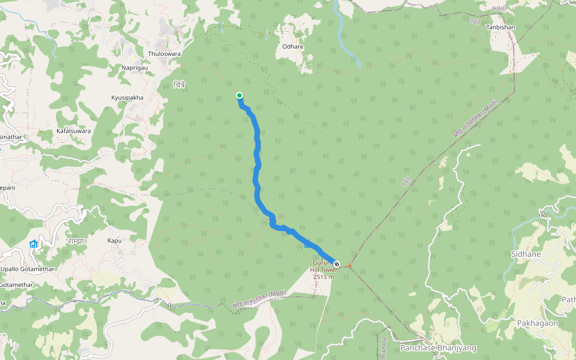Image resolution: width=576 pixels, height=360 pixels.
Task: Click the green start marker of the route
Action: click(x=239, y=95)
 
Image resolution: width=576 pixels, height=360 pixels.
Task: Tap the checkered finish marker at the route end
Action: click(x=337, y=264)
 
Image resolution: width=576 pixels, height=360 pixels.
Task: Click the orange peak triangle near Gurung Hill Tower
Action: click(x=350, y=265)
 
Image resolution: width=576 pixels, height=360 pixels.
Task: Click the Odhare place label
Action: click(x=293, y=46)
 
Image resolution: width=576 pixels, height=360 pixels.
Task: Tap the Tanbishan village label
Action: click(x=500, y=28)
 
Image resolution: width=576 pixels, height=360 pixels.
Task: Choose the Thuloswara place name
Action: click(x=164, y=54)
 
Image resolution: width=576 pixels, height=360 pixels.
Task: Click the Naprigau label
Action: click(x=134, y=68)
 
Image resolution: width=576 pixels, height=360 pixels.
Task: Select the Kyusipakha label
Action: click(x=127, y=97)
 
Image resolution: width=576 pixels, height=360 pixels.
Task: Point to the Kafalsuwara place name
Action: click(x=73, y=130)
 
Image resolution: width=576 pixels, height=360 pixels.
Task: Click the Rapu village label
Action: click(x=115, y=241)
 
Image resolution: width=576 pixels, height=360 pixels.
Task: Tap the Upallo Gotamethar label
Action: click(x=28, y=269)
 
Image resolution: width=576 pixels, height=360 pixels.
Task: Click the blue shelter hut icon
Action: click(x=34, y=244)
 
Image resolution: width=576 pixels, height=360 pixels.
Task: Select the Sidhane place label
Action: click(x=526, y=254)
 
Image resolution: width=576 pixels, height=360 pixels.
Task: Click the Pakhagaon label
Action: click(x=538, y=323)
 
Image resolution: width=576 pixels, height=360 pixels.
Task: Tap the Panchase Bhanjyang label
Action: click(x=438, y=348)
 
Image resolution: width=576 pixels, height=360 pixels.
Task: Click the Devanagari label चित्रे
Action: click(x=179, y=85)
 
